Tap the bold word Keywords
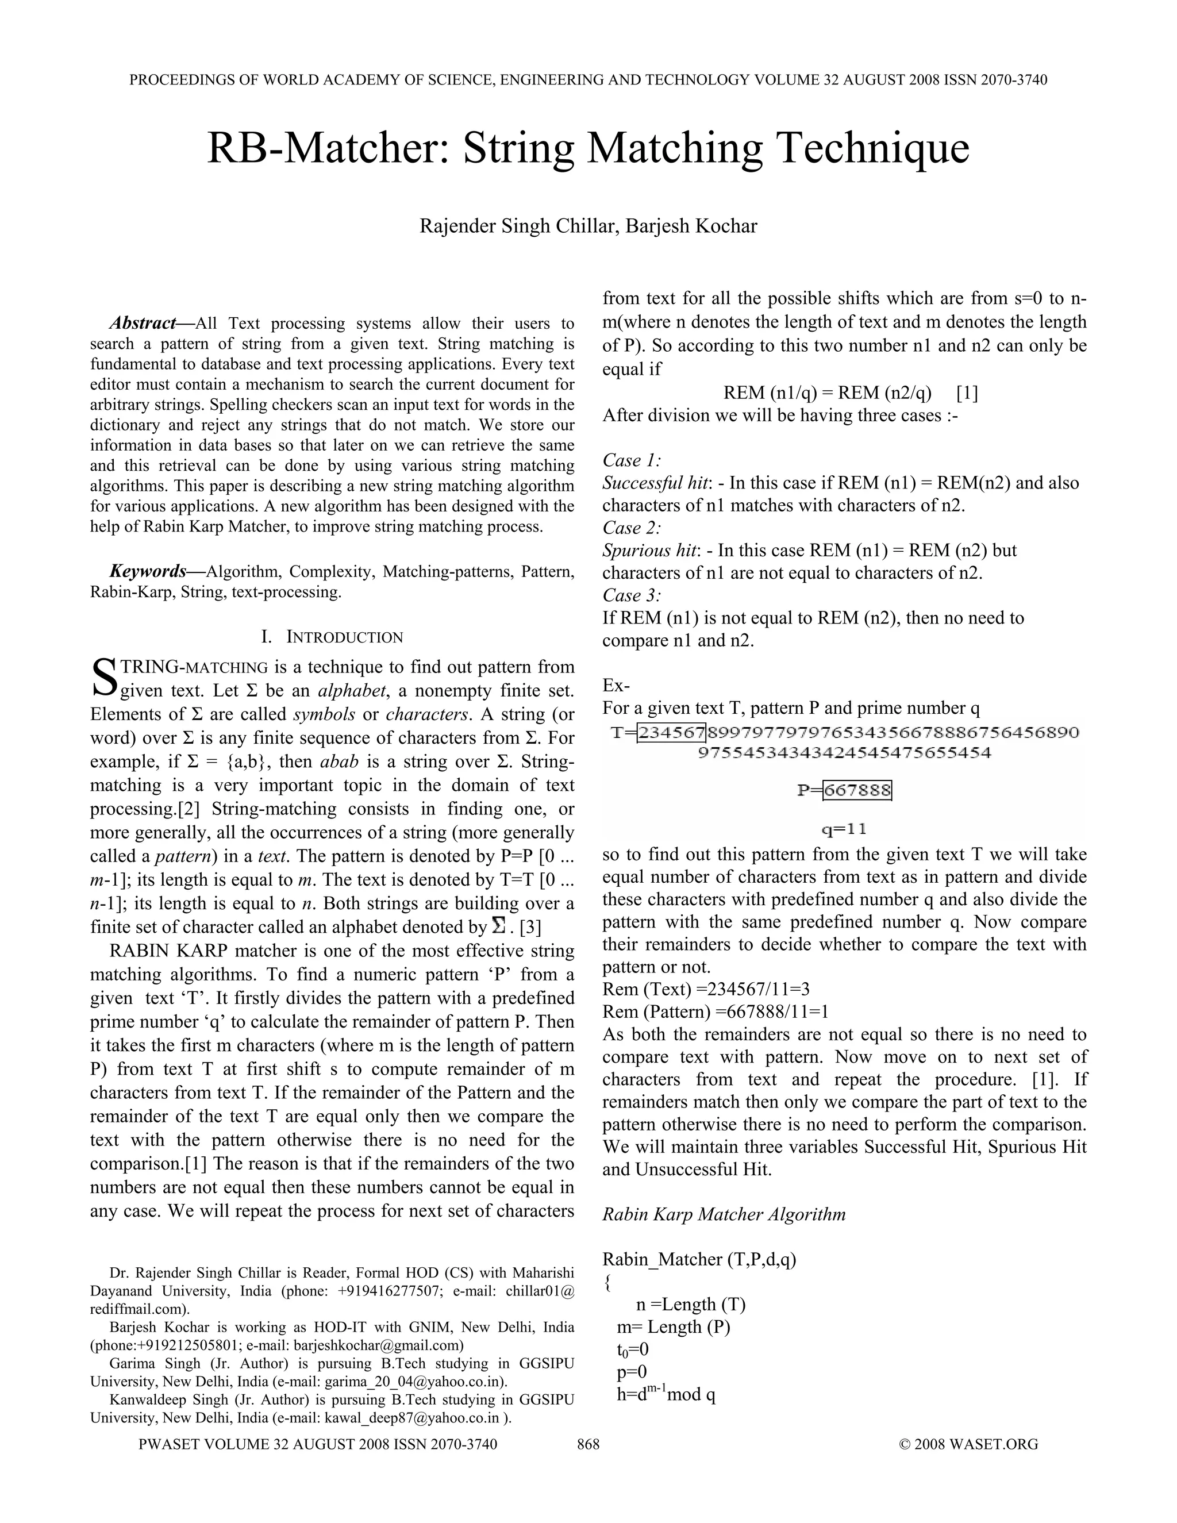pos(148,571)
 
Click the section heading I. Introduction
pos(332,637)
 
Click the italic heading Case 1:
pos(632,460)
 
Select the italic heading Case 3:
pos(632,595)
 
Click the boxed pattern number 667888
pos(857,790)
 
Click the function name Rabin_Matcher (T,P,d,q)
pos(699,1259)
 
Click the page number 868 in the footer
pos(588,1444)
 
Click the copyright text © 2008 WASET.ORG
pos(968,1444)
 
